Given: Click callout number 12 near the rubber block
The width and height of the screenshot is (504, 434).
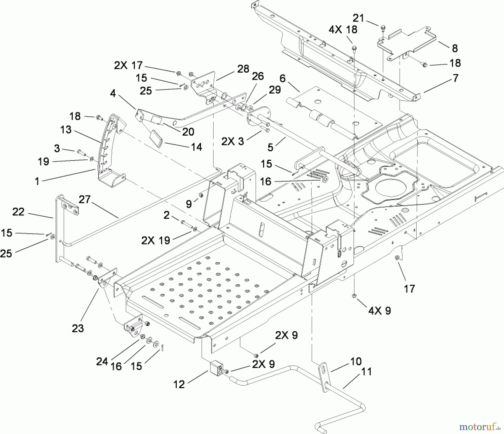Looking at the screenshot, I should point(179,384).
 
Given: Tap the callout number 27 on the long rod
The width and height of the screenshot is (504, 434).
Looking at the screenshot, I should point(85,199).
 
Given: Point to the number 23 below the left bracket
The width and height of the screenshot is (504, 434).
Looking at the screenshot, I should point(78,328).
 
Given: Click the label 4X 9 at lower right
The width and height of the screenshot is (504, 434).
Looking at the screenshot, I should point(379,310).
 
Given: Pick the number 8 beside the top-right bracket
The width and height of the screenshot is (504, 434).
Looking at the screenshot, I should point(455,48).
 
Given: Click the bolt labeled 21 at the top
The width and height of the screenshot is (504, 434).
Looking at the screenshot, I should point(383,27).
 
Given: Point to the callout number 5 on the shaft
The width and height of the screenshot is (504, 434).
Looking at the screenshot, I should point(270,147).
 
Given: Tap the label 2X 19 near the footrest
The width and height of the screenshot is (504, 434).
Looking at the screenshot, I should point(155,240).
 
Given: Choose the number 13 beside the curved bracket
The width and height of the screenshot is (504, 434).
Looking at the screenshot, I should point(66,130).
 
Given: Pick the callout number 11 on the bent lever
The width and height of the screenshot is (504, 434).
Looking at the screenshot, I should point(366,372).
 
